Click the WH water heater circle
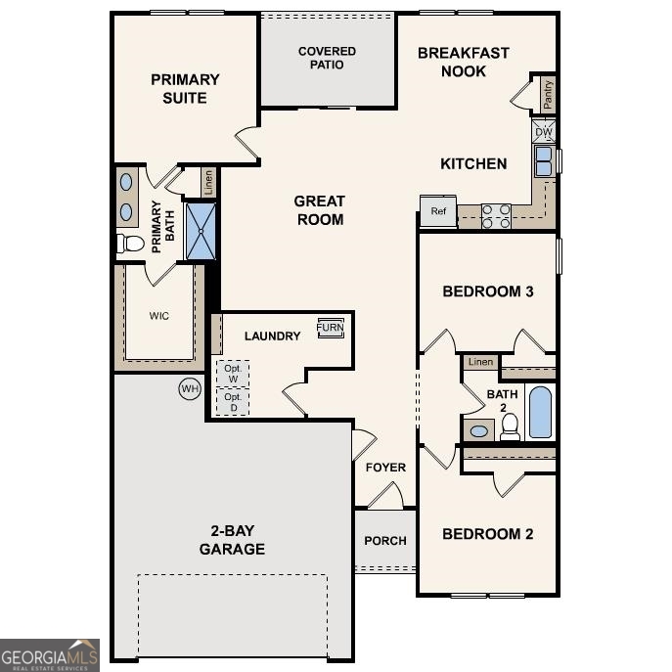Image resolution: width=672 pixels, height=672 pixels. coord(189,388)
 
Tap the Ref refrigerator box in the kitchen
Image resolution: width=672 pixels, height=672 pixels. coord(438,211)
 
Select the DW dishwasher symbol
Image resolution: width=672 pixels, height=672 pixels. coord(544,131)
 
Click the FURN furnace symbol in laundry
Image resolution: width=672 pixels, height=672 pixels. coord(330,329)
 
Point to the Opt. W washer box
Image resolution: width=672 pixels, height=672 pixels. coord(232,374)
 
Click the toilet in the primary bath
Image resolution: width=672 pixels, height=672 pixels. coord(130,243)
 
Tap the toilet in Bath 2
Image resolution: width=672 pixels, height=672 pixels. coord(510,426)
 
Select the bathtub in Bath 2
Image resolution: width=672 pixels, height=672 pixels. coord(540,412)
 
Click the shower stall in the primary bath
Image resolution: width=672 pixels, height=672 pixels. coord(201,231)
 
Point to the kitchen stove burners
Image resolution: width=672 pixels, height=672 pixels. coord(496,215)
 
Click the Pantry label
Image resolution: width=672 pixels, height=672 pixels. coord(547,94)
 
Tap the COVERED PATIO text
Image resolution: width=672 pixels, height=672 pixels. coord(327,58)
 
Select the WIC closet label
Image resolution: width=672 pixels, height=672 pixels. coord(159,316)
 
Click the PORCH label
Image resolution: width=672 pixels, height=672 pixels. coord(385,540)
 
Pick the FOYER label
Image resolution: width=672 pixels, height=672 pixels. coord(385,467)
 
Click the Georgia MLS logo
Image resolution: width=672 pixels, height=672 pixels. coord(49,654)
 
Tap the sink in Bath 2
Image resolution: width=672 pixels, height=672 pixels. coord(479,430)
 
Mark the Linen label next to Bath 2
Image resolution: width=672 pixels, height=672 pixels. coord(480,362)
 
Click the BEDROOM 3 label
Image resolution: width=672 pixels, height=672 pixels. coord(487,291)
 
